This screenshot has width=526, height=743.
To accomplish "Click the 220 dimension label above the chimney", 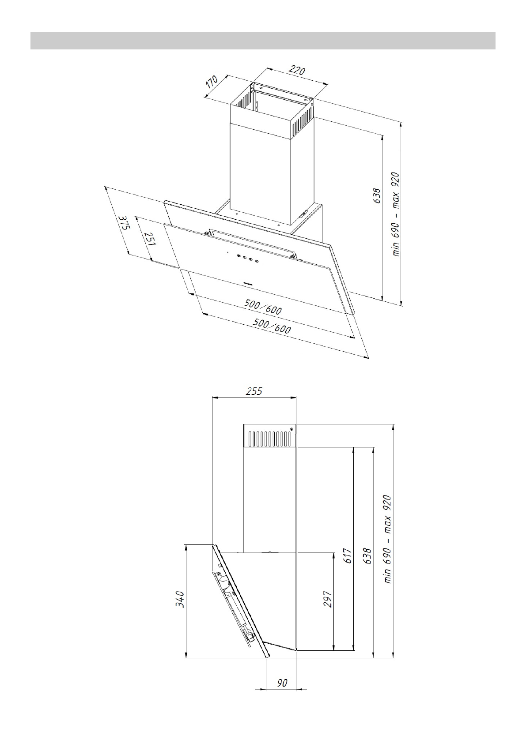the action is tap(296, 70).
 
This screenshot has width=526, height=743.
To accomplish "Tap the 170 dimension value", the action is tap(212, 82).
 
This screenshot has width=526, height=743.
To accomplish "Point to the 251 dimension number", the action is tap(150, 238).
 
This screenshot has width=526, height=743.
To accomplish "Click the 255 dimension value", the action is tap(254, 391).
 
